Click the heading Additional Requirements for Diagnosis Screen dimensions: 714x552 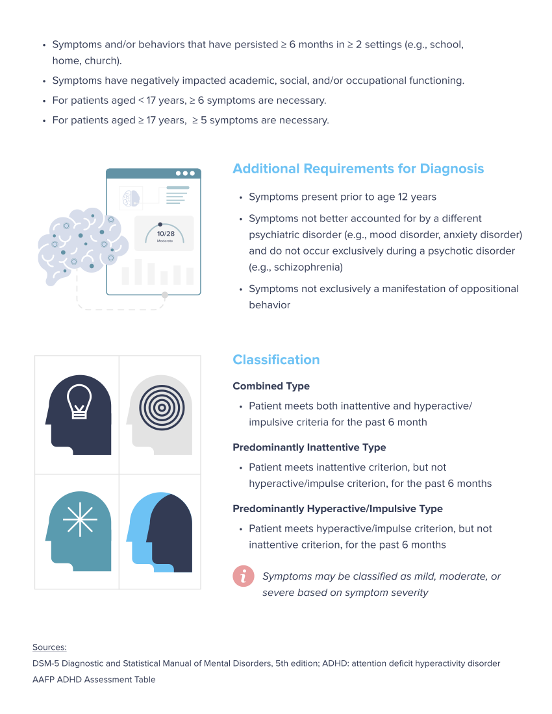click(x=358, y=169)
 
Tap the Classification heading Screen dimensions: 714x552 click(x=276, y=360)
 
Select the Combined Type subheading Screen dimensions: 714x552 click(x=271, y=386)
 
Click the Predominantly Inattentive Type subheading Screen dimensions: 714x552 click(x=309, y=447)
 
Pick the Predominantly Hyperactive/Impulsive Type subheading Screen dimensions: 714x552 click(x=338, y=509)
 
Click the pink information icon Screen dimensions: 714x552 click(x=243, y=576)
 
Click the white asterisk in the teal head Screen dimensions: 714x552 click(x=80, y=519)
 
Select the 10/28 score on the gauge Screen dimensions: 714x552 click(x=166, y=233)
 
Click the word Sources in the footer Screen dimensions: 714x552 click(x=49, y=647)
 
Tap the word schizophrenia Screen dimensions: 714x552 click(x=297, y=267)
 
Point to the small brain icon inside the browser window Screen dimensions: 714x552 click(x=132, y=197)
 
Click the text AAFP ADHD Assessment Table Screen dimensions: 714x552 click(x=94, y=680)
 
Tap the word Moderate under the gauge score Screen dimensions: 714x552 click(x=166, y=241)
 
